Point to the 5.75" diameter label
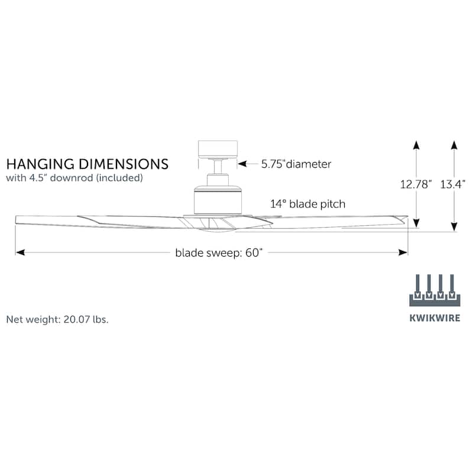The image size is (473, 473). [x=296, y=164]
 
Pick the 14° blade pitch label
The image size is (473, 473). [x=308, y=204]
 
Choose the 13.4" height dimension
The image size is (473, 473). [x=453, y=184]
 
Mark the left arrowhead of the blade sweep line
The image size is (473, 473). [x=20, y=252]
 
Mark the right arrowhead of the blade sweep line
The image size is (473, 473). [x=404, y=252]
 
